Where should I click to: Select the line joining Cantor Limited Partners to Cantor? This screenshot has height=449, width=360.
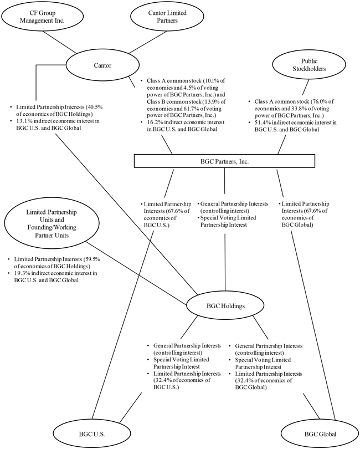coord(148,42)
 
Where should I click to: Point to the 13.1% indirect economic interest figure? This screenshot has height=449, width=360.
coord(23,121)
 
